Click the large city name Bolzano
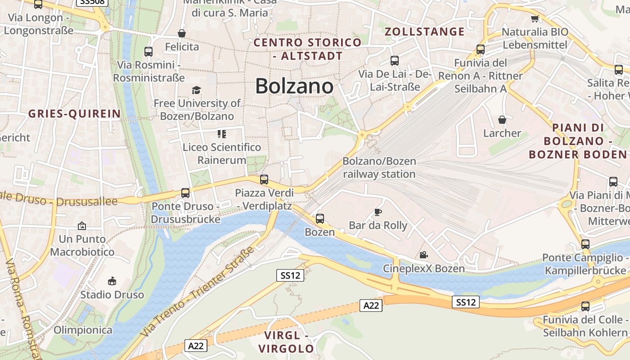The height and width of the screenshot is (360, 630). (x=294, y=86)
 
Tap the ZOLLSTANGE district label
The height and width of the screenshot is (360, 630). (x=424, y=31)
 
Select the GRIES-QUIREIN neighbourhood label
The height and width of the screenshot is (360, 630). (x=75, y=114)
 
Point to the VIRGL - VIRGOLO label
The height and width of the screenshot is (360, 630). (x=286, y=342)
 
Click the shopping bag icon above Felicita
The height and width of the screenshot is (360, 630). (x=182, y=33)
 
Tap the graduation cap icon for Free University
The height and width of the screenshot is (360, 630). (x=196, y=90)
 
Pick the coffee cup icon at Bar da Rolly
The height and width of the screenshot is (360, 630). (x=378, y=212)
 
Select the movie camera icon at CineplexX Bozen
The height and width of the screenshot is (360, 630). (x=423, y=255)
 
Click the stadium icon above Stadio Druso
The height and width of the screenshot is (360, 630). (x=112, y=282)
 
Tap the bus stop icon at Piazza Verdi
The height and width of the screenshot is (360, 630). (x=264, y=180)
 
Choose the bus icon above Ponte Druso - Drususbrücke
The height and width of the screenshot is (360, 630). (x=185, y=193)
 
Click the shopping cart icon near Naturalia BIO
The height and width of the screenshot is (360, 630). (x=535, y=19)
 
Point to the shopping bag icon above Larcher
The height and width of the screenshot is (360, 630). (x=502, y=120)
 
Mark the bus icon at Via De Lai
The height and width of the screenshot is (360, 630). (x=395, y=60)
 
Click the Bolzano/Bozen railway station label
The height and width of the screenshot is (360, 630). (x=379, y=167)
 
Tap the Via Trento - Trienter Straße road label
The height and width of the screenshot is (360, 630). (x=198, y=292)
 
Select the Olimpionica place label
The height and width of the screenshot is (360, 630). (x=83, y=330)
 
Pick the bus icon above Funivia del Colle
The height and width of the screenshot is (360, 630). (x=585, y=306)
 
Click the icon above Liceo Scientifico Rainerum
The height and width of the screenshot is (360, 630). (x=221, y=134)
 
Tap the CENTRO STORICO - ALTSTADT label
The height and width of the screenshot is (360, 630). (x=308, y=49)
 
